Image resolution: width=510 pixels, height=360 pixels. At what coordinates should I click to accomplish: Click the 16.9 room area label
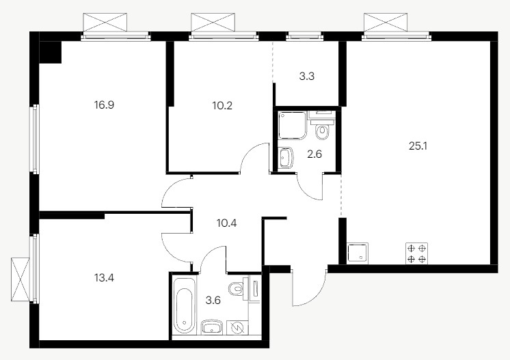(104, 105)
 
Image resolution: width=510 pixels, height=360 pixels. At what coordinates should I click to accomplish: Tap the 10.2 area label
(222, 106)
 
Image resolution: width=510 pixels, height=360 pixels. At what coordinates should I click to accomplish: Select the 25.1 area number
(418, 146)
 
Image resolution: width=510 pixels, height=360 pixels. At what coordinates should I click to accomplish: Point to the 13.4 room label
(104, 278)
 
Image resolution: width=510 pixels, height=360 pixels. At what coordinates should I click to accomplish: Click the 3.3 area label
(306, 77)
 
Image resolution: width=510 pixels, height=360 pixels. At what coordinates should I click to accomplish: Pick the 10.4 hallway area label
(226, 223)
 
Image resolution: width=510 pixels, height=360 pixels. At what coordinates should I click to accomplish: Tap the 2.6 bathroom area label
(314, 154)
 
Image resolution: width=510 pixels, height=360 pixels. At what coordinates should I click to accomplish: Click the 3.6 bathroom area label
(213, 300)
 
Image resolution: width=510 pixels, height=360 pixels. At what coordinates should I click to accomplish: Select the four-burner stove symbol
(416, 253)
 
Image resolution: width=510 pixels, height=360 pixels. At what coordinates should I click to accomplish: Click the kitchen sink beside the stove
(358, 253)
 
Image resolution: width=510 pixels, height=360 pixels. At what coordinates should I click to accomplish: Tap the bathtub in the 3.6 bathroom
(185, 305)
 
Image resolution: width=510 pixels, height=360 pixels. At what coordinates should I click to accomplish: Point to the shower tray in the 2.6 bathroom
(293, 125)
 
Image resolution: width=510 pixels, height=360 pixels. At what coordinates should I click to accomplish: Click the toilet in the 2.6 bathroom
(322, 129)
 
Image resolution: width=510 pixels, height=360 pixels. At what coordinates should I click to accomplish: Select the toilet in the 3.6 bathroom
(237, 288)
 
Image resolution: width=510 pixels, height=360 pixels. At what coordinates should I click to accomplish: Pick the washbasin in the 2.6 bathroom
(286, 158)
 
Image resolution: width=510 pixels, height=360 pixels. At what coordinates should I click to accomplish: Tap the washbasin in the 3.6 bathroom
(212, 327)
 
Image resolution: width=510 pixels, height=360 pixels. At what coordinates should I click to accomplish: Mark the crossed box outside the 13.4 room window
(20, 279)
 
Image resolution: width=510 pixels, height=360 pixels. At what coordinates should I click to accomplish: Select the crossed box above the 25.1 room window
(386, 22)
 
